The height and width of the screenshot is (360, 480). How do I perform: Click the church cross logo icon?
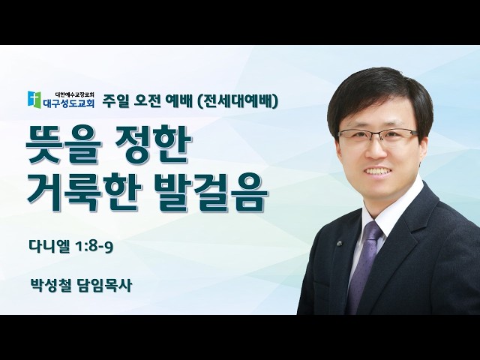[x=34, y=99]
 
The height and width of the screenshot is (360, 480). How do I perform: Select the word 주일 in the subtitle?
[x=115, y=101]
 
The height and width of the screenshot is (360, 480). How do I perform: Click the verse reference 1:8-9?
[x=94, y=247]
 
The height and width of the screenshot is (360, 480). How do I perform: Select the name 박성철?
[x=50, y=285]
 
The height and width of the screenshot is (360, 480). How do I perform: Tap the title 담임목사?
[x=105, y=285]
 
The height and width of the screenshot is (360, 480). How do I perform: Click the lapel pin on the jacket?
[x=339, y=244]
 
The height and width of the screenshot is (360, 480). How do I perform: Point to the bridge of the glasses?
[x=377, y=133]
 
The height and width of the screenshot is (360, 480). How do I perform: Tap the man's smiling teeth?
[x=380, y=170]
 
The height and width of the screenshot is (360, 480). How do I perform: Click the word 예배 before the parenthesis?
[x=179, y=101]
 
